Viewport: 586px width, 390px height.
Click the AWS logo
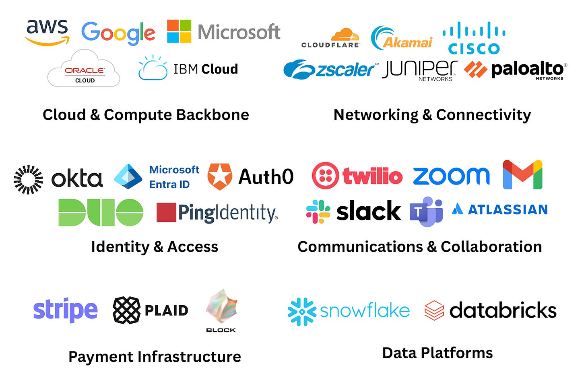pos(47,31)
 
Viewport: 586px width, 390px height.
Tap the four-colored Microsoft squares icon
pos(179,31)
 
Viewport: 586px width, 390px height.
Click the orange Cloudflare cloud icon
pos(345,35)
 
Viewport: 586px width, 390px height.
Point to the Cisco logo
pos(474,39)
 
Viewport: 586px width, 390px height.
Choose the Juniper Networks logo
pos(419,70)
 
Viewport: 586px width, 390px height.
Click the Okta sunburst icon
pos(28,179)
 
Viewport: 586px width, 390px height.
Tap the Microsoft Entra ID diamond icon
pos(128,177)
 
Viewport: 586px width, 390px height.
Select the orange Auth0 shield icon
pos(219,177)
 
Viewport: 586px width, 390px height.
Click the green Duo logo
pos(101,212)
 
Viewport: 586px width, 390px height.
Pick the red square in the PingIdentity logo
pos(166,213)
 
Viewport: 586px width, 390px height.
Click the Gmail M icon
pos(522,175)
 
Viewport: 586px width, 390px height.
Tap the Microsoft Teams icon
pos(426,212)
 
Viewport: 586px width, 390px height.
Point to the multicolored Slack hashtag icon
pos(318,211)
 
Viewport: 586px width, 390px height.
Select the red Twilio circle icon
pos(325,176)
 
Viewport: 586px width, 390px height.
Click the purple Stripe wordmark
pos(65,310)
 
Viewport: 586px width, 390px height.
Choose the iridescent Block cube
pos(221,307)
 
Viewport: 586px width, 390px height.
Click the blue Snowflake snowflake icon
pos(302,311)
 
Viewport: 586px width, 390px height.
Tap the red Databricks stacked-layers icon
pos(434,310)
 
